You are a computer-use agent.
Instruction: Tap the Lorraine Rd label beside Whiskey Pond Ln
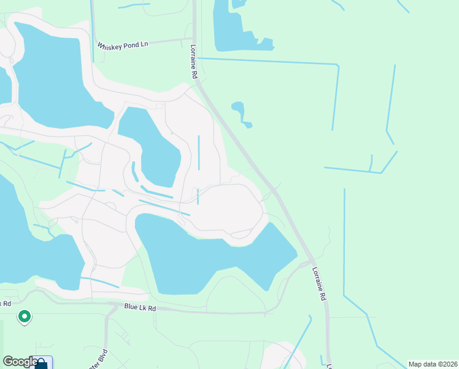(x=193, y=60)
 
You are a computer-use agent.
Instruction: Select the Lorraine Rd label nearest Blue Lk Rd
(x=318, y=284)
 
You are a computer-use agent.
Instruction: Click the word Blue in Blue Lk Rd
(x=131, y=307)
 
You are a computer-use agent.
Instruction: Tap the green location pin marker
(x=24, y=317)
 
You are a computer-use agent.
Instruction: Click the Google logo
(x=20, y=362)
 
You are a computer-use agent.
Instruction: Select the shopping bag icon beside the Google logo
(x=41, y=363)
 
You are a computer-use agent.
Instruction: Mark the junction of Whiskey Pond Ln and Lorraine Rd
(x=193, y=39)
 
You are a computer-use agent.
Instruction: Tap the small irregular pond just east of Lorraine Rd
(x=239, y=113)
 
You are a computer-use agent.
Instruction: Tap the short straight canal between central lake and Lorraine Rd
(x=199, y=152)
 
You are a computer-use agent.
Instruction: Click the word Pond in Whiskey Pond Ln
(x=127, y=45)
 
